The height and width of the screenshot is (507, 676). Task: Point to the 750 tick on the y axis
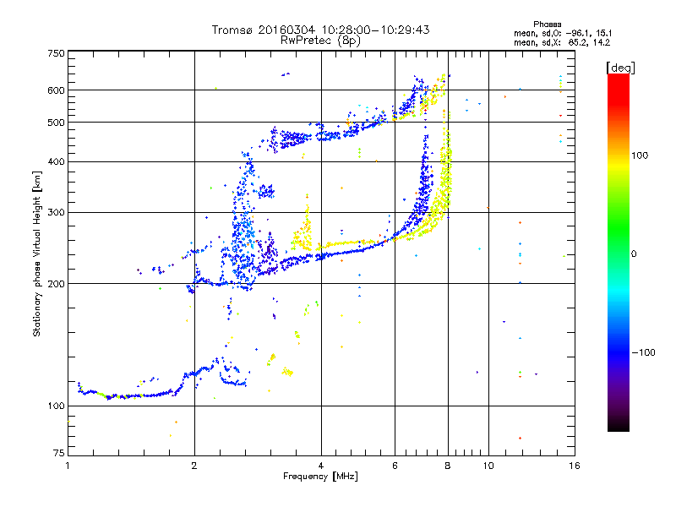(57, 53)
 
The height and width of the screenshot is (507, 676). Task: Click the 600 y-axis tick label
(57, 90)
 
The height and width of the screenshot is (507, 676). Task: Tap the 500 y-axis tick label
(57, 123)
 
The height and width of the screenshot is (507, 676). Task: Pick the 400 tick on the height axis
(57, 161)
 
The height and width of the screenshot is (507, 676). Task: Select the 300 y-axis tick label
(57, 212)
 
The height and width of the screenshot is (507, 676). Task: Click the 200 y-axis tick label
(57, 284)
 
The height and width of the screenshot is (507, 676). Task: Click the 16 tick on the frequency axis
(574, 466)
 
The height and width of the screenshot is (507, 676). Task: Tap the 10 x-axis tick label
(488, 466)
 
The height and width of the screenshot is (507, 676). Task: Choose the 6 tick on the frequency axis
(395, 466)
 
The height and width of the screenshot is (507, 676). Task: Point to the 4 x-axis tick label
(321, 466)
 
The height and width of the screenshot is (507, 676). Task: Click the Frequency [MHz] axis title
(321, 477)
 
